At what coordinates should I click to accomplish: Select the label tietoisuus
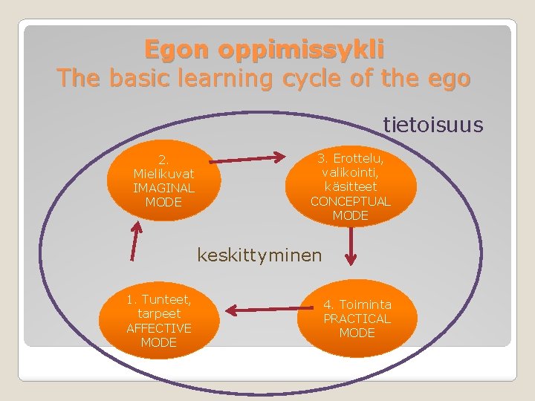433,125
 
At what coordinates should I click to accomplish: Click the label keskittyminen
259,255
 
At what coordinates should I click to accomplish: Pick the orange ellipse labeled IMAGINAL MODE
164,180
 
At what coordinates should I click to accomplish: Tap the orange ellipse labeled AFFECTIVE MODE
158,321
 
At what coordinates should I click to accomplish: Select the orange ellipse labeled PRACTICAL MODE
357,319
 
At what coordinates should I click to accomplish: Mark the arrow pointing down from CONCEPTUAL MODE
351,246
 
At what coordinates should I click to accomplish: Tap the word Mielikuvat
163,173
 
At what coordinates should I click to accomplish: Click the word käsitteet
350,187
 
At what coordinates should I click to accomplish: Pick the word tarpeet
158,313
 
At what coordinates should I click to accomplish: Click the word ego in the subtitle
450,77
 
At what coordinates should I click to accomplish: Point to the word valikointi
350,172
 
